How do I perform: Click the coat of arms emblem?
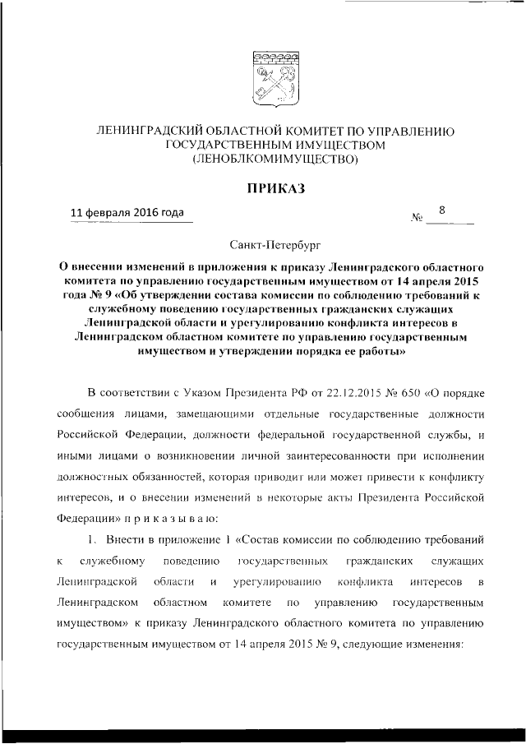click(x=270, y=76)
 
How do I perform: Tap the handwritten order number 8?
click(x=442, y=210)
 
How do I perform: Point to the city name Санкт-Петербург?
click(x=270, y=244)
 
